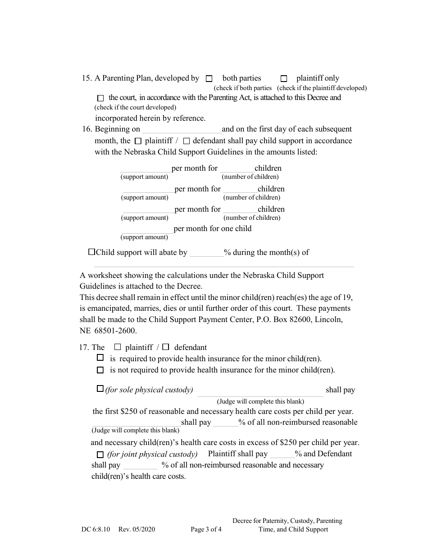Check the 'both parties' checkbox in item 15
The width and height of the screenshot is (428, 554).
pos(209,78)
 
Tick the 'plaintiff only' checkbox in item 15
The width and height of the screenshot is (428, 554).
pos(284,78)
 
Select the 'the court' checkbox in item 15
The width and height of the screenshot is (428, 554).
pos(100,98)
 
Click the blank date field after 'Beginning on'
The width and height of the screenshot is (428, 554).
pos(182,129)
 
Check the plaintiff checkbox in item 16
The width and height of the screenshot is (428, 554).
pos(138,141)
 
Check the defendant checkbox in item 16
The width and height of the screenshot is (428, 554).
pos(187,141)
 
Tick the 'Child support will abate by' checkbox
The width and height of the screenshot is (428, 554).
pos(92,252)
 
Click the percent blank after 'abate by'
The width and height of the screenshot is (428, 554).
pos(206,253)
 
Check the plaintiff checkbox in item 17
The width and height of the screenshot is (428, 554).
pos(118,347)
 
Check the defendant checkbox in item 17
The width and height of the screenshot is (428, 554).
pos(166,347)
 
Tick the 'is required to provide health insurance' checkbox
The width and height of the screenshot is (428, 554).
pos(100,358)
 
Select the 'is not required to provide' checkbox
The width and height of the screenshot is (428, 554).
pos(100,370)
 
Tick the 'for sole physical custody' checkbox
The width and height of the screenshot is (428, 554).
pos(100,389)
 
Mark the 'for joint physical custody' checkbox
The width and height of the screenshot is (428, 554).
pos(100,454)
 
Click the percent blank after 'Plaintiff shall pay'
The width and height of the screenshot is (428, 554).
pos(282,454)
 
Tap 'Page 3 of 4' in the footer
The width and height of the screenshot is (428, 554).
pos(206,530)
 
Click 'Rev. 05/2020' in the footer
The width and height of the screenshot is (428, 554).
pos(137,530)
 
